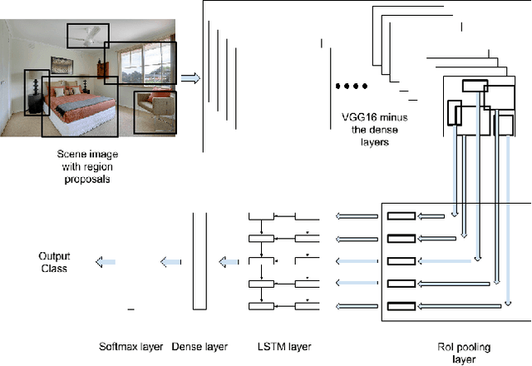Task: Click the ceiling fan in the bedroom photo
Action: tap(88, 32)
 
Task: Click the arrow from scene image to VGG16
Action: tap(190, 78)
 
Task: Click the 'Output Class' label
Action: tap(53, 262)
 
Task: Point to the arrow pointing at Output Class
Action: tap(104, 262)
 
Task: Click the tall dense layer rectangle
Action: tap(199, 261)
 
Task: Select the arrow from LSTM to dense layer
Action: tap(229, 262)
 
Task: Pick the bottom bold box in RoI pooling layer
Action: tap(402, 305)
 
